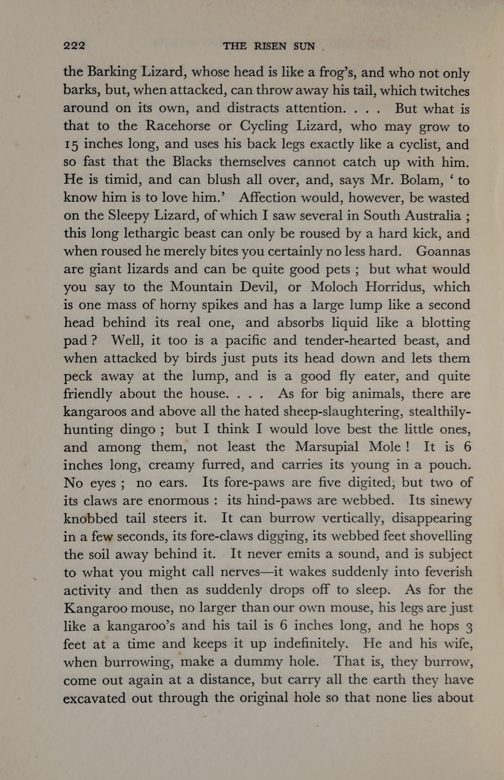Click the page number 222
click(x=75, y=46)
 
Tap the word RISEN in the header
click(x=270, y=46)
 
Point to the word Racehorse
click(x=178, y=126)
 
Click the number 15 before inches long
click(x=70, y=144)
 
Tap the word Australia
click(x=433, y=216)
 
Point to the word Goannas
click(x=443, y=251)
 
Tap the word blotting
click(x=446, y=323)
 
